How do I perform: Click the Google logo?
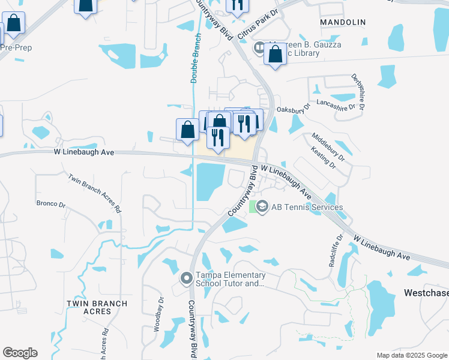coord(20,353)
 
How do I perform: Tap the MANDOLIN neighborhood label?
coord(343,22)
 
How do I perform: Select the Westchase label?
coord(422,294)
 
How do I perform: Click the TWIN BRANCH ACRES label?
coord(97,307)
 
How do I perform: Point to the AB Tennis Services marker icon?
coord(262,207)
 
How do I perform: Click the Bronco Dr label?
coord(51,204)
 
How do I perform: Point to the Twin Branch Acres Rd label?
coord(95,193)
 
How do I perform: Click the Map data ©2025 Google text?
coord(411,355)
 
